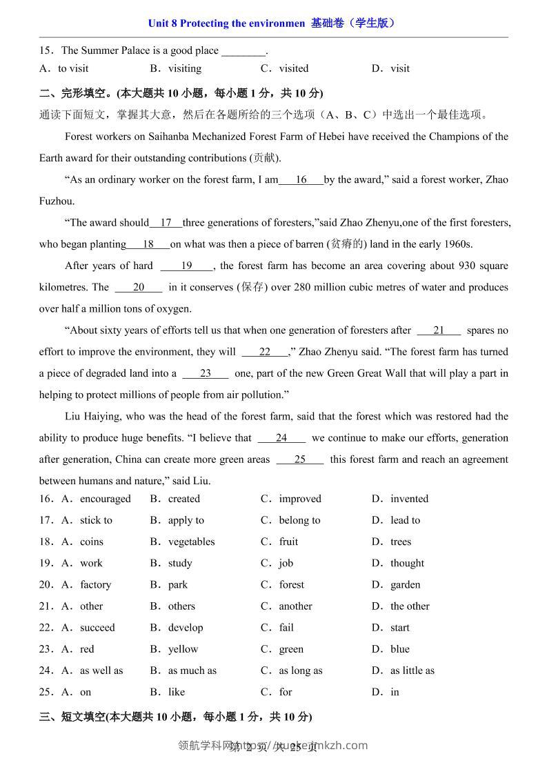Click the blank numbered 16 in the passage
pos(301,180)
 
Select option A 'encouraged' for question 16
pos(105,499)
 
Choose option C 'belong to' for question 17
pos(299,520)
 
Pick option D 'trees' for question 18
pos(400,542)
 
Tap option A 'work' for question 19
pos(91,563)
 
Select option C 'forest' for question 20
pos(291,584)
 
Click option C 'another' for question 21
pos(295,606)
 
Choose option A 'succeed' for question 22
pos(97,628)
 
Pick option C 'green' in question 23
pos(291,649)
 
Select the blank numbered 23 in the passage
pos(205,373)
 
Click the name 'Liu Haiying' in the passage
pos(92,417)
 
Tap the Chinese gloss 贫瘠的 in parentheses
pos(347,244)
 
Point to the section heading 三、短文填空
pos(72,717)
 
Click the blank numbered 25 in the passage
pos(299,459)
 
